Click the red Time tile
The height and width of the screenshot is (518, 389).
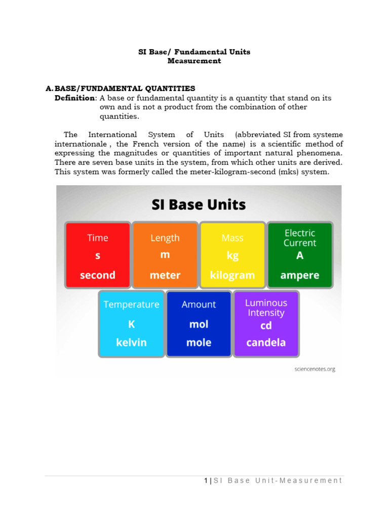coord(98,255)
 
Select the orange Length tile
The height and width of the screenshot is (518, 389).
coord(165,255)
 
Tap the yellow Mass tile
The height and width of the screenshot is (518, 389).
coord(232,255)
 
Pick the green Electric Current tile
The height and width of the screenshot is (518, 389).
coord(300,254)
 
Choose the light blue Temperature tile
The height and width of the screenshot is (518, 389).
coord(131,323)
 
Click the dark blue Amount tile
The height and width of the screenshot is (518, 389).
coord(199,323)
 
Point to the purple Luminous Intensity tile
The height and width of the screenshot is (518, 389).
coord(266,323)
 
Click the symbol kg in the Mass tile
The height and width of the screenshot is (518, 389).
coord(232,256)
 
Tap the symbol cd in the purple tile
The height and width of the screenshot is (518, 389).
coord(266,325)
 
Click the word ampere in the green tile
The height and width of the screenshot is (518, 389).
coord(300,275)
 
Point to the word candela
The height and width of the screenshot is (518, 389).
coord(266,342)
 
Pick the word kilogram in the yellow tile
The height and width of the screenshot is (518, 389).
coord(232,275)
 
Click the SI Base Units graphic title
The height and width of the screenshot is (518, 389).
coord(199,205)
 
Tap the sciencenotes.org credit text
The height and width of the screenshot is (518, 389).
coord(315,369)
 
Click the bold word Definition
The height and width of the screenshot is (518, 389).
coord(74,98)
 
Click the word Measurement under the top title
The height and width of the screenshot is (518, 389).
coord(194,61)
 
